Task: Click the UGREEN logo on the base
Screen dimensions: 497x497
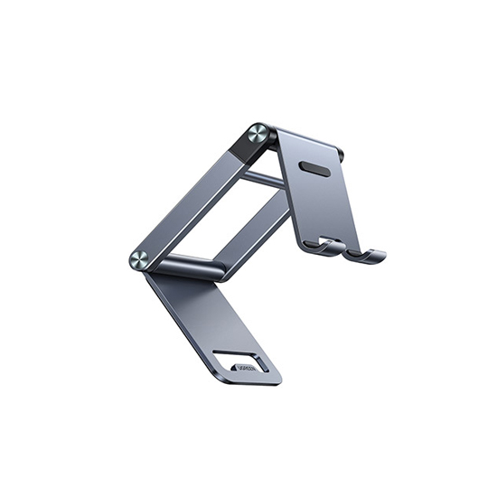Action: [247, 368]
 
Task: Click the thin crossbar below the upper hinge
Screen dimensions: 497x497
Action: [265, 179]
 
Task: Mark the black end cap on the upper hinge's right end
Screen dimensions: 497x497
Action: [342, 156]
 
